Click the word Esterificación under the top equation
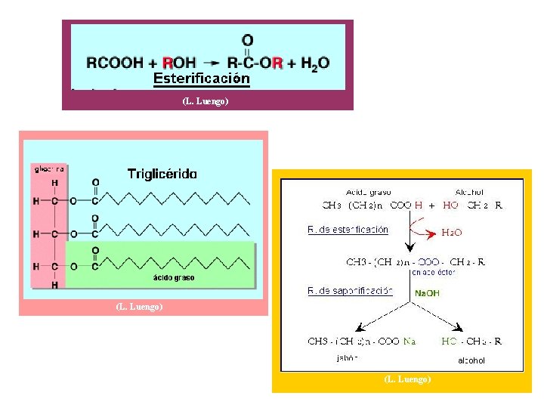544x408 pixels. (x=201, y=78)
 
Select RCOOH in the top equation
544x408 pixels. (x=115, y=63)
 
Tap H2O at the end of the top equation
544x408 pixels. (x=315, y=63)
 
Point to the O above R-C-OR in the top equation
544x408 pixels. (x=247, y=40)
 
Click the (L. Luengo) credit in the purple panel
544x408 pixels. (x=206, y=101)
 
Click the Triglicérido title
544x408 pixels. (x=162, y=173)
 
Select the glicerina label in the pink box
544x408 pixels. (x=48, y=169)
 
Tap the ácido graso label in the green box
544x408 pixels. (x=174, y=277)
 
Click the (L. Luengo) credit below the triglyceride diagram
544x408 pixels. (x=139, y=306)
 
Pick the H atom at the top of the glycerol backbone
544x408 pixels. (x=54, y=183)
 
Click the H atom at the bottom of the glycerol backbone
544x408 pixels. (x=54, y=285)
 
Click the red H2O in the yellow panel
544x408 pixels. (x=453, y=233)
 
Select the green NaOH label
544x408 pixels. (x=427, y=293)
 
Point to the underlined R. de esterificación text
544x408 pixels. (x=348, y=230)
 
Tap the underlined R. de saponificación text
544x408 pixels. (x=350, y=290)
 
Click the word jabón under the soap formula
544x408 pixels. (x=346, y=359)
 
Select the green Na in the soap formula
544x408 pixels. (x=409, y=342)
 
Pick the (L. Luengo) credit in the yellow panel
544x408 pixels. (x=406, y=379)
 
